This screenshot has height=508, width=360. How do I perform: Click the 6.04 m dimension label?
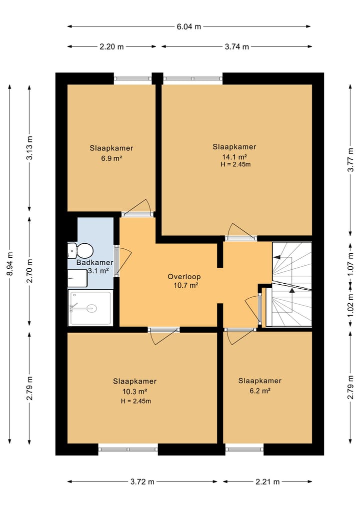(189, 26)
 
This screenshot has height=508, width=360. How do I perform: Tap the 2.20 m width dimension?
(111, 46)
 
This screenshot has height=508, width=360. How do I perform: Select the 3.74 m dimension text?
(237, 46)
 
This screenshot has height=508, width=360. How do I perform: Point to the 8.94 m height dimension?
(9, 264)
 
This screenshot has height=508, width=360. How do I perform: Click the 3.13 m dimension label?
(29, 148)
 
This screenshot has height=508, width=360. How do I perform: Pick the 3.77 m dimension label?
(350, 160)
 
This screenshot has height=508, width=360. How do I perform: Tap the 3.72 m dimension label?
(142, 482)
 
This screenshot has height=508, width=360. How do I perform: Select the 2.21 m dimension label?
(267, 482)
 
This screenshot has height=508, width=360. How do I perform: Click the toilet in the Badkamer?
(81, 251)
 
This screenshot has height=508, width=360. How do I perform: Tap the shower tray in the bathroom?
(90, 308)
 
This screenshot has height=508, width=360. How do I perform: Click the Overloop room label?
(184, 277)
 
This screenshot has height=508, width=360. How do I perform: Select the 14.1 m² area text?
(234, 157)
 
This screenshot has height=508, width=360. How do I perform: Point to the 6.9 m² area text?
(111, 158)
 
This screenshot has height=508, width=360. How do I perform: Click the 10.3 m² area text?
(135, 391)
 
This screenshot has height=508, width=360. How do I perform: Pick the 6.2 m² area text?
(260, 391)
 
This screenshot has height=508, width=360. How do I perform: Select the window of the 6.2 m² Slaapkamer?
(244, 450)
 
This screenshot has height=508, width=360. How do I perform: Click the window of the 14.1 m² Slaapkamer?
(192, 78)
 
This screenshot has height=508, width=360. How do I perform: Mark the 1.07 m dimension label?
(350, 264)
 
